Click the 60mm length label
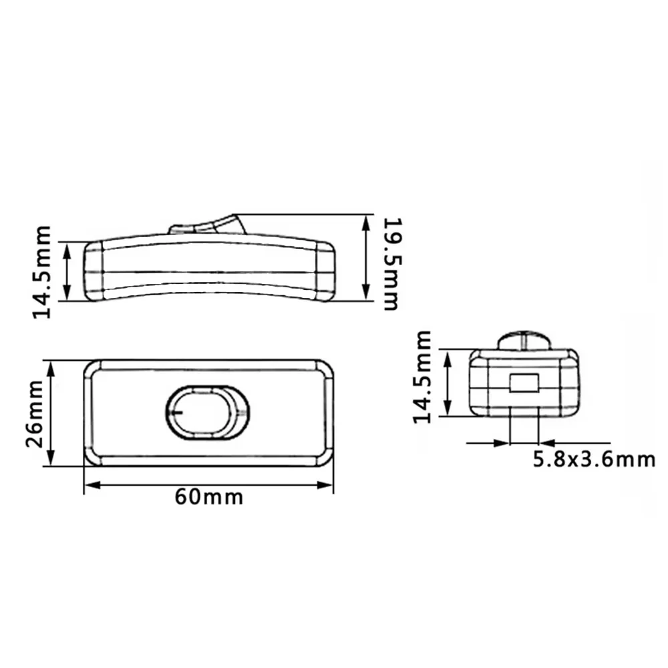pyautogui.click(x=208, y=498)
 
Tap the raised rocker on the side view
pyautogui.click(x=208, y=224)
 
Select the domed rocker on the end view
pyautogui.click(x=526, y=339)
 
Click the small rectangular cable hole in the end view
pyautogui.click(x=524, y=383)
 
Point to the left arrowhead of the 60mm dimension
pyautogui.click(x=89, y=486)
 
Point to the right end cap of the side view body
pyautogui.click(x=325, y=271)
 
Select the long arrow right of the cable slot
pyautogui.click(x=574, y=442)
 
